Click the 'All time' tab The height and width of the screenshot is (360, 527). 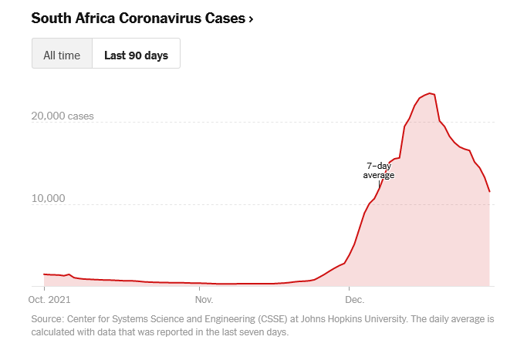pyautogui.click(x=62, y=55)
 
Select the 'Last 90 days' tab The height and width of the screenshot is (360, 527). pyautogui.click(x=136, y=55)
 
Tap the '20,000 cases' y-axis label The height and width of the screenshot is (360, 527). pyautogui.click(x=62, y=117)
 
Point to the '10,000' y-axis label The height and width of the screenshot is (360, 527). pyautogui.click(x=48, y=200)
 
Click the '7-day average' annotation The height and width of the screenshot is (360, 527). pyautogui.click(x=379, y=170)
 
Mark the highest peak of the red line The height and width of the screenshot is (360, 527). pyautogui.click(x=431, y=93)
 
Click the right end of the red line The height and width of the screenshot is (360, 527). pyautogui.click(x=489, y=191)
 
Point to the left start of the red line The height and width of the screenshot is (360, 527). pyautogui.click(x=44, y=274)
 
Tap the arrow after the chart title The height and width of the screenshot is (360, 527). pyautogui.click(x=251, y=18)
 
